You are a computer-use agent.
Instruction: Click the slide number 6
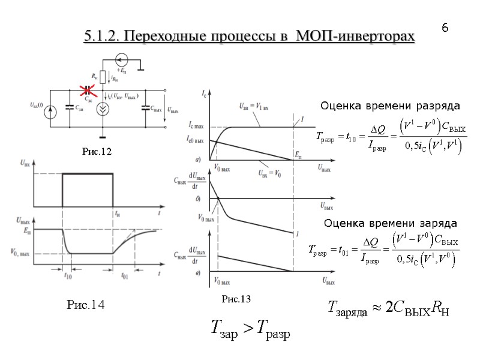(445, 28)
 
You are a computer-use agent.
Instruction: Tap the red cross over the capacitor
(88, 91)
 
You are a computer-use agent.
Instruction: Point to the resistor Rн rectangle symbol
(103, 77)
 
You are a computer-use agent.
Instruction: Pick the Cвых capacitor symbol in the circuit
(145, 109)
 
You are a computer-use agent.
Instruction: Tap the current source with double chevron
(103, 109)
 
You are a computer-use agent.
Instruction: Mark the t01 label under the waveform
(125, 277)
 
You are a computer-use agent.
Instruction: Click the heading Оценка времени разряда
(389, 107)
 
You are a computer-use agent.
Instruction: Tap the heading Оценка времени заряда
(391, 223)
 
